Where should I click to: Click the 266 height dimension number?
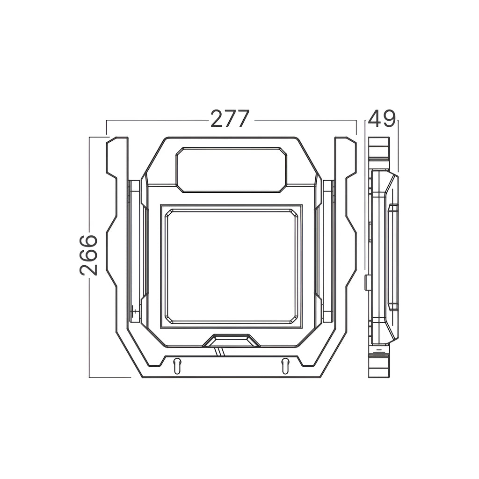click(x=88, y=255)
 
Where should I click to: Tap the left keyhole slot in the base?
click(x=177, y=366)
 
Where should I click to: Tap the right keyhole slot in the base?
click(x=285, y=366)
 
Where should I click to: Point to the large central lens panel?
click(x=231, y=266)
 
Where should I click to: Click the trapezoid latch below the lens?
click(x=231, y=341)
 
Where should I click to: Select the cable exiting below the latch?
click(x=220, y=352)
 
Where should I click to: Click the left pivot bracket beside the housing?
click(x=134, y=251)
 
